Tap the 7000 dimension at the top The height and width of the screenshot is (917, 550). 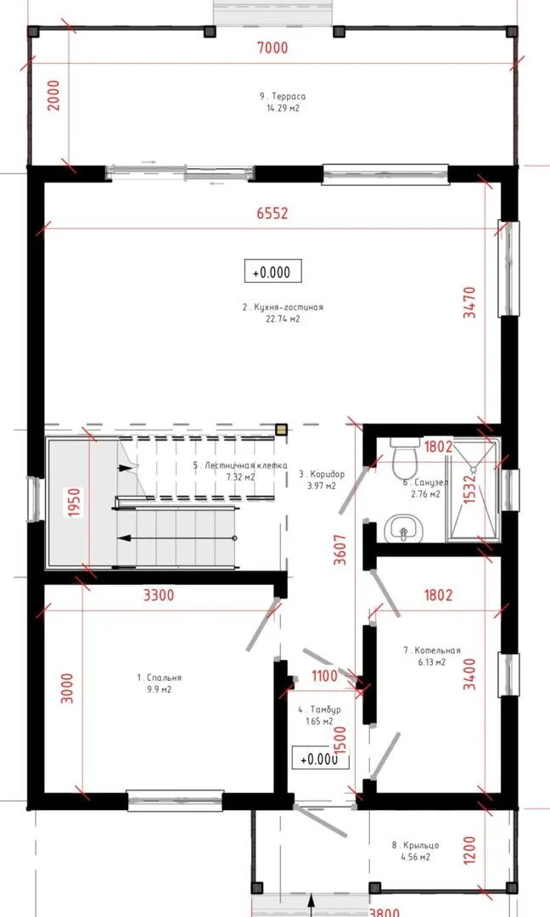point(273,48)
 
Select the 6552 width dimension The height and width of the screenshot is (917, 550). point(272,213)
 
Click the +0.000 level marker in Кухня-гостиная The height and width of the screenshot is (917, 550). point(273,272)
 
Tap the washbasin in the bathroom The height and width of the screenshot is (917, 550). point(404,528)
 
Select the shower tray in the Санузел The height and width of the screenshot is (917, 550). point(473,489)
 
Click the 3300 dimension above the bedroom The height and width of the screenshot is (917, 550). point(159,594)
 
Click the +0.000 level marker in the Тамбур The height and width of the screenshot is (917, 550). point(320,758)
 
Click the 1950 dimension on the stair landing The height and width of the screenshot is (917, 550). point(74,503)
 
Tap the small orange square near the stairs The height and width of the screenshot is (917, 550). point(281,430)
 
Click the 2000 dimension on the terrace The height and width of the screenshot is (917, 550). point(53,95)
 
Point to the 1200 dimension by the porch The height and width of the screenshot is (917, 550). point(469,850)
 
